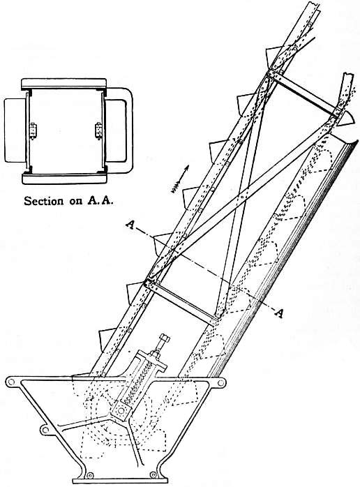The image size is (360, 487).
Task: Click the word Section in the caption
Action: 43,201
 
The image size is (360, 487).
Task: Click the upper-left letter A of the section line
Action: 130,225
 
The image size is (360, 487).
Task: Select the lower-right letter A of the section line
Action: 279,313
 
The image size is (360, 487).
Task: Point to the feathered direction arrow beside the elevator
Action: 180,179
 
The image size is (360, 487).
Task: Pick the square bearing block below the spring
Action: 121,410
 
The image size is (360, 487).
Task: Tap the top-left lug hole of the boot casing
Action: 11,382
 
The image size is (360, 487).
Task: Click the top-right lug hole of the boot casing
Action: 220,383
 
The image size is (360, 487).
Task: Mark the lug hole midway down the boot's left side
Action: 45,430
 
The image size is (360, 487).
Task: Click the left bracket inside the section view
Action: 32,130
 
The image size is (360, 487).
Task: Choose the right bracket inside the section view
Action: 98,130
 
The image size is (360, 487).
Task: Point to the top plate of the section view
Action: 64,83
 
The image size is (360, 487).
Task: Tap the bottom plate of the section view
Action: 65,178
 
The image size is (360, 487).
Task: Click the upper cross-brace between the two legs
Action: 303,93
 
